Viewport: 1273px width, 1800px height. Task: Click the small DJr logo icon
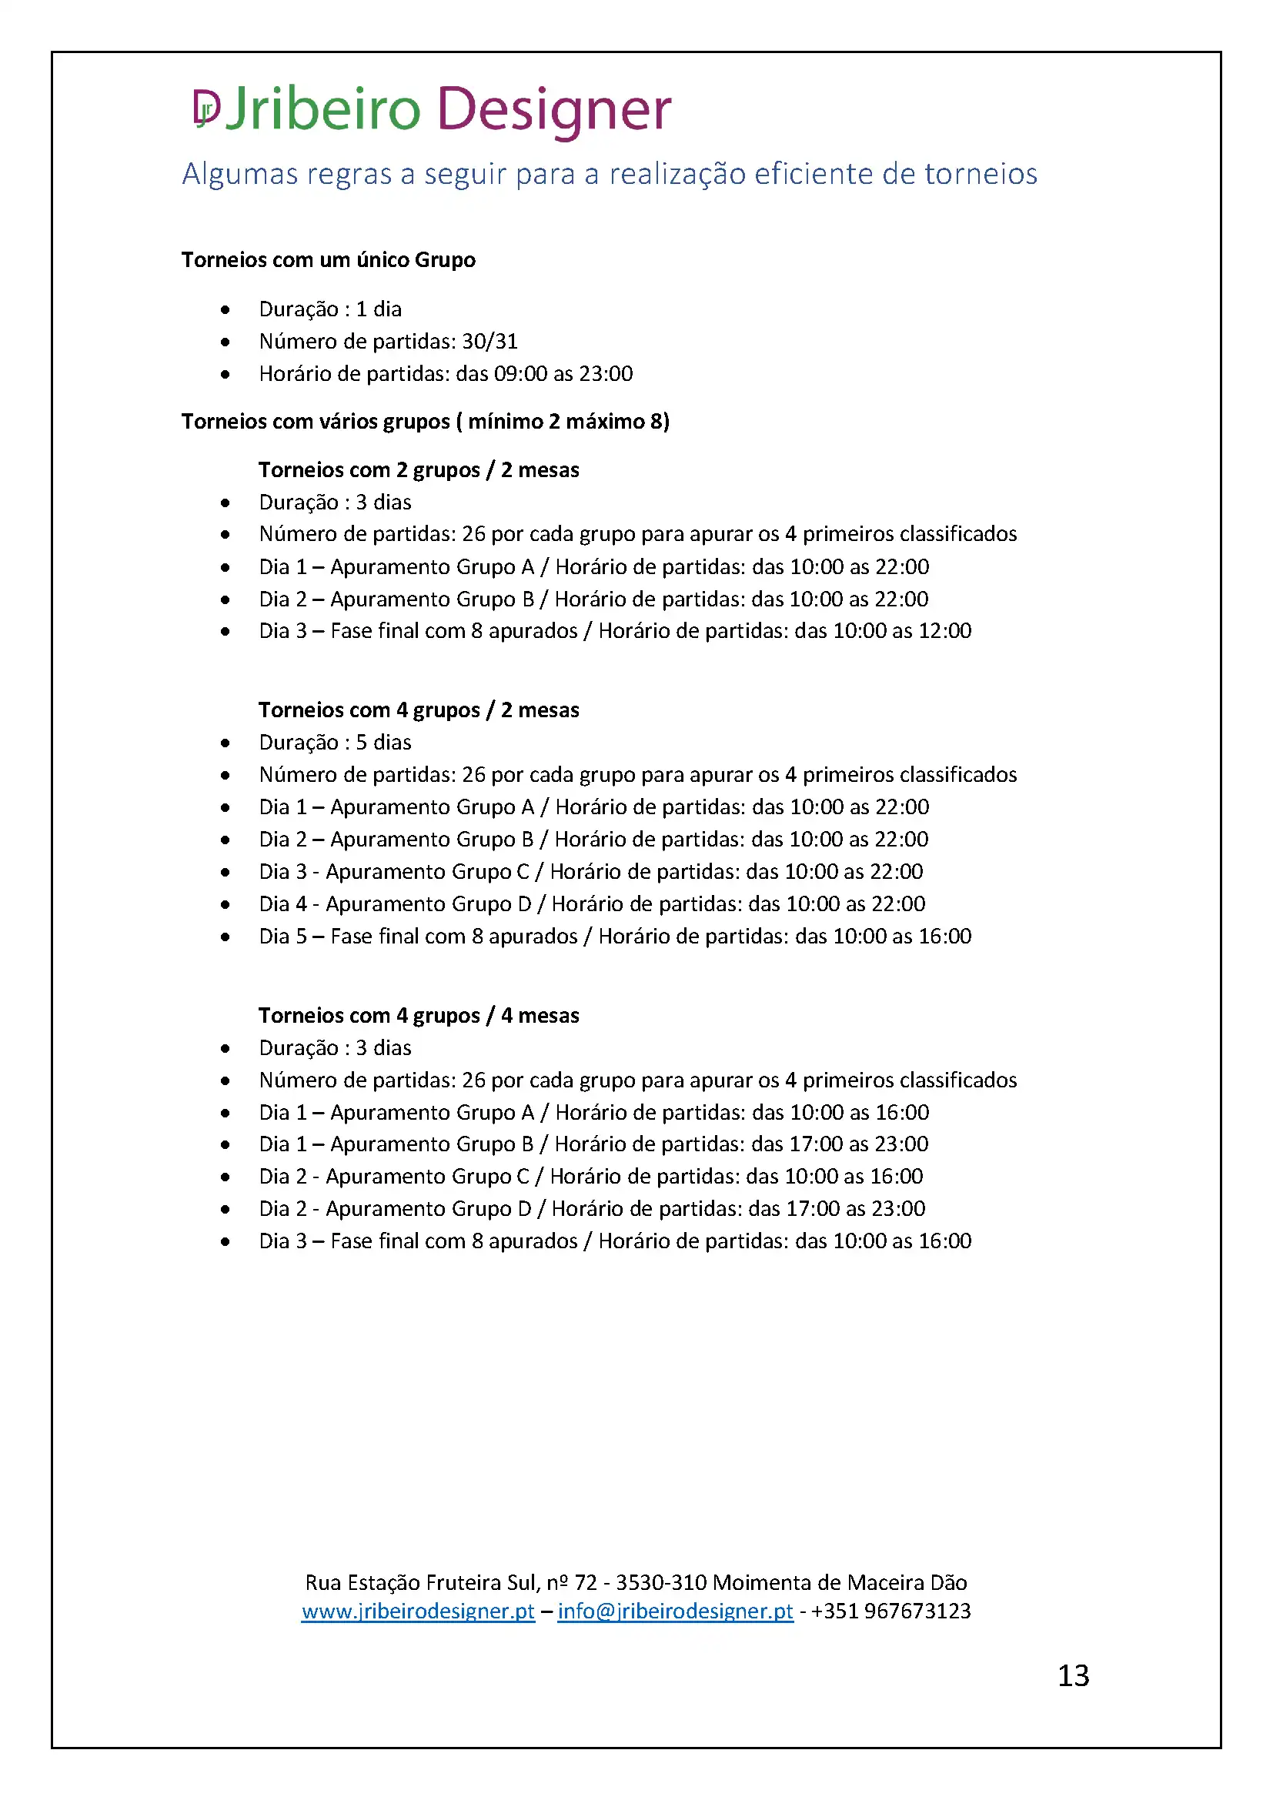[207, 108]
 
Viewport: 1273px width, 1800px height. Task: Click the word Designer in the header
[553, 109]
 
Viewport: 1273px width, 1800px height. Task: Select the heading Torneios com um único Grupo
[329, 260]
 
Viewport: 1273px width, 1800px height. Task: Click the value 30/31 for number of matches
[490, 342]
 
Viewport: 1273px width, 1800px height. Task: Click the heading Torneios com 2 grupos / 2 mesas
[419, 470]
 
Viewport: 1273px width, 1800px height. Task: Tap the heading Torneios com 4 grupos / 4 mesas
[419, 1016]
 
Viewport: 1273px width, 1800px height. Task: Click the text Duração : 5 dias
[335, 743]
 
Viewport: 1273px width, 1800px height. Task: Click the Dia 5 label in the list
[283, 937]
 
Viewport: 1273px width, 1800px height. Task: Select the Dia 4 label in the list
[283, 905]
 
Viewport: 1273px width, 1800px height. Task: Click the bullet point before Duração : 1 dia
[226, 309]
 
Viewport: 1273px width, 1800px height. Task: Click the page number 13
[1073, 1676]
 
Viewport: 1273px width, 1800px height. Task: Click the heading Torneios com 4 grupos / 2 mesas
[419, 710]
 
